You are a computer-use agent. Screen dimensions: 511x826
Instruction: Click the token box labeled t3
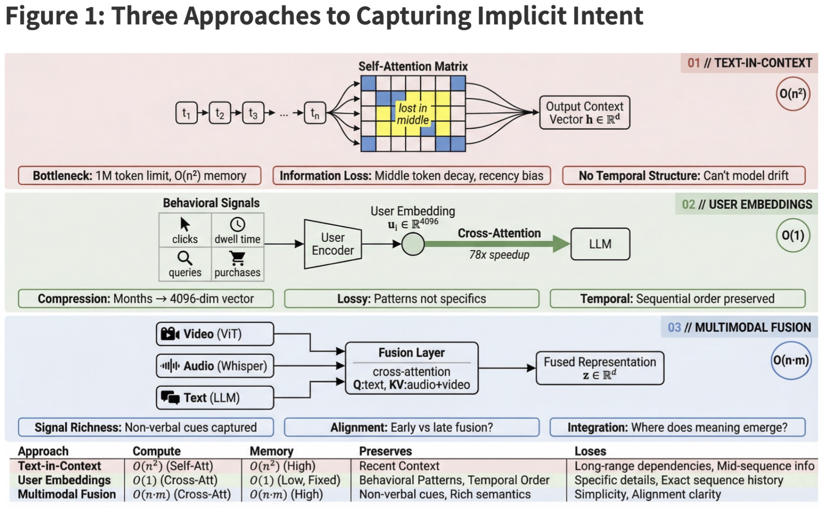coord(253,113)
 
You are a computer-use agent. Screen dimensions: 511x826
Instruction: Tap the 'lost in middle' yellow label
coord(413,114)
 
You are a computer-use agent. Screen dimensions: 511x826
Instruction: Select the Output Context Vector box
coord(584,113)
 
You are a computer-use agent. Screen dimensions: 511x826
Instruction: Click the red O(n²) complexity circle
coord(792,94)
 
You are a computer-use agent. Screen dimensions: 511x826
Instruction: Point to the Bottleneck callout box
coord(140,176)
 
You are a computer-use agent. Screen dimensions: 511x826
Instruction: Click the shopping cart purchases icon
coord(237,258)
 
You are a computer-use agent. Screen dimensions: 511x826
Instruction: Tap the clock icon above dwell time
coord(237,224)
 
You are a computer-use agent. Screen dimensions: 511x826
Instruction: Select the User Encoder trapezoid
coord(332,244)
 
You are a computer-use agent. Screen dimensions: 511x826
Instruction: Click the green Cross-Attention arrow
coord(495,244)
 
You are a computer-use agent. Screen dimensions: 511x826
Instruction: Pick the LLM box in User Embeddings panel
coord(600,244)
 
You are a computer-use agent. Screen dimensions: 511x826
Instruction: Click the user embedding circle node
coord(413,244)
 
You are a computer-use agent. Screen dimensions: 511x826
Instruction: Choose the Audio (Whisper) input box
coord(215,365)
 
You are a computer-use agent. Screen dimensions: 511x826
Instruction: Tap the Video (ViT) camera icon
coord(170,334)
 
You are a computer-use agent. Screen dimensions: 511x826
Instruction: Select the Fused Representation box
coord(599,368)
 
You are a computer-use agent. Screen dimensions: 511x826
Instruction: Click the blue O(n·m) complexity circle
coord(791,360)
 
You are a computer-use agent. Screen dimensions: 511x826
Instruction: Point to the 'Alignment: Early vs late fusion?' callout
coord(412,427)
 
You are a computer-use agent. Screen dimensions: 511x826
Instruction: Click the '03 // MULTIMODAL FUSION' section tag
coord(739,327)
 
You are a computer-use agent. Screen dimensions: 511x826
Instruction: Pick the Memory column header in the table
coord(271,451)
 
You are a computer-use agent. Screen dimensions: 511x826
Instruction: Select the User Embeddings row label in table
coord(64,480)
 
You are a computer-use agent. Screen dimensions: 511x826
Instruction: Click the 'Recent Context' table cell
coord(399,466)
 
